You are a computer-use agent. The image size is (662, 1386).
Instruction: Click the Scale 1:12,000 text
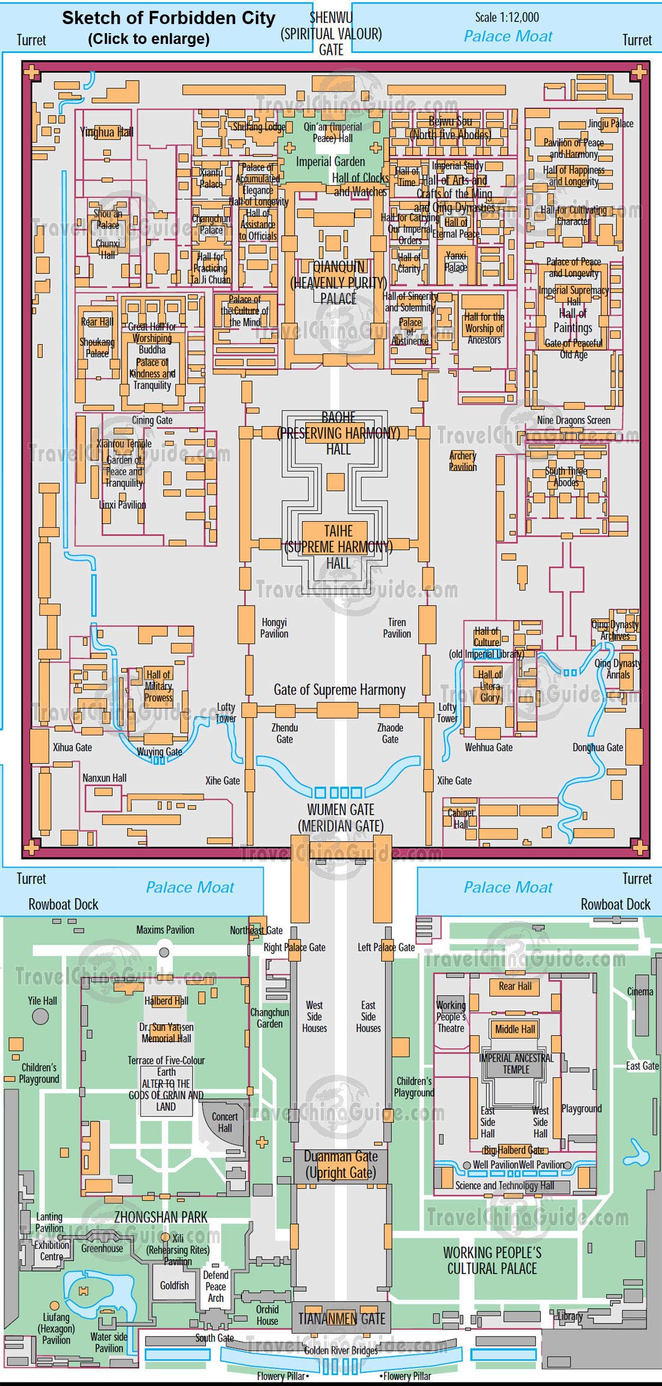point(507,17)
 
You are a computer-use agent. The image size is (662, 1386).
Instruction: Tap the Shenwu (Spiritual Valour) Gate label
point(331,33)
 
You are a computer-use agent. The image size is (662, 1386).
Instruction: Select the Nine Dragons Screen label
point(573,420)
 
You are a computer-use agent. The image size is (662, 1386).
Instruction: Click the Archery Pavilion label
point(462,461)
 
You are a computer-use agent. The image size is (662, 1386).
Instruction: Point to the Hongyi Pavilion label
point(274,628)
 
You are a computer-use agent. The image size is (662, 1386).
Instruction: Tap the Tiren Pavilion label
point(397,628)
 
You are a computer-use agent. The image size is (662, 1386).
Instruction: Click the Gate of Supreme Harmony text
point(339,690)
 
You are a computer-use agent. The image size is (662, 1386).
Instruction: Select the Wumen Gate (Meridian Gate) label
point(341,818)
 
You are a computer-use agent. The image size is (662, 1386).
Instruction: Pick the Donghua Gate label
point(598,747)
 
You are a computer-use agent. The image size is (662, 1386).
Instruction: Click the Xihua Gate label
point(72,747)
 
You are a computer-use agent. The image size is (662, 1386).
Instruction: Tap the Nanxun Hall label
point(104,778)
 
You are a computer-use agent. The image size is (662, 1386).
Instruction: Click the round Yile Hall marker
point(40,1016)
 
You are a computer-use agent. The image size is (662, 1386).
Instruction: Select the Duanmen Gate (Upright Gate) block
point(341,1165)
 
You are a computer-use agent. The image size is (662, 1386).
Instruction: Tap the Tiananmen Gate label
point(341,1319)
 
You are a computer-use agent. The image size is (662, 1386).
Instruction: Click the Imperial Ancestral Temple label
point(516,1064)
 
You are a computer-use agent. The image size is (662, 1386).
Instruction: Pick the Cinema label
point(639,991)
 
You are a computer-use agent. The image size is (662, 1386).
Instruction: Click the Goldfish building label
point(174,1285)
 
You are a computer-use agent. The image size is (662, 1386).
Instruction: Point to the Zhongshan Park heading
point(161,1217)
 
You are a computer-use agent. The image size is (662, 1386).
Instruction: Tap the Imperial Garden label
point(330,161)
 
